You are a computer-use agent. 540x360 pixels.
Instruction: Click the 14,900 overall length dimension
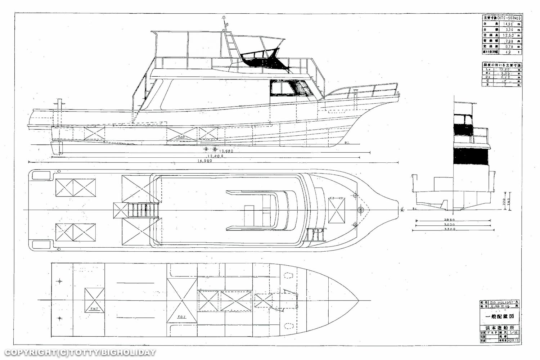click(x=204, y=161)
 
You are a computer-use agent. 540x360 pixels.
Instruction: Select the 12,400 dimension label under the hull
click(x=215, y=156)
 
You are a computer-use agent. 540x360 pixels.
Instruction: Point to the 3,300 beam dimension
click(x=450, y=229)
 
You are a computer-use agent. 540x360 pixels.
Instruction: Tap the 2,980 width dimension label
click(x=450, y=220)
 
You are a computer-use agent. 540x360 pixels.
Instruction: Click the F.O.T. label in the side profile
click(x=182, y=137)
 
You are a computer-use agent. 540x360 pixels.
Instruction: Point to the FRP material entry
click(x=493, y=332)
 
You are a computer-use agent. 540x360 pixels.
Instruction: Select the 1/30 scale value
click(x=514, y=332)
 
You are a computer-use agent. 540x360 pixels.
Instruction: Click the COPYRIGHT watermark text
click(x=80, y=352)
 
